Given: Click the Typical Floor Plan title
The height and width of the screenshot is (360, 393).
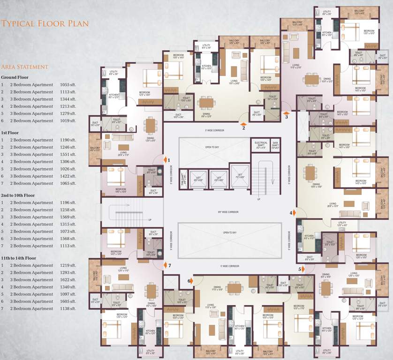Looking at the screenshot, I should coord(45,23).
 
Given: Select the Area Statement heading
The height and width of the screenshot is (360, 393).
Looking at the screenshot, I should coord(24,67).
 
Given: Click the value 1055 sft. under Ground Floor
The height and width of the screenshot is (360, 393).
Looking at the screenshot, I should coord(68,84).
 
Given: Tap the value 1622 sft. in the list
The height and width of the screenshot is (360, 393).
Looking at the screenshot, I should coord(68,280).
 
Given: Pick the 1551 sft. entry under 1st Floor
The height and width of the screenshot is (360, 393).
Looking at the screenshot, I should coord(68,154).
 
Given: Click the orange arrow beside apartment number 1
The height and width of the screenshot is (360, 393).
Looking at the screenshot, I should coord(165,160).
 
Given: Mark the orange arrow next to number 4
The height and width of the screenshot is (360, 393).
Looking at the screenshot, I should coord(294,212).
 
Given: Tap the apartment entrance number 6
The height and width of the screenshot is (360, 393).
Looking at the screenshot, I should coord(189,281).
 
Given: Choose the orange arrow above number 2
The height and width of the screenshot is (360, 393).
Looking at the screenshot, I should coord(243,124).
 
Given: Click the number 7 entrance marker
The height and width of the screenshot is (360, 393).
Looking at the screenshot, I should coord(170,265).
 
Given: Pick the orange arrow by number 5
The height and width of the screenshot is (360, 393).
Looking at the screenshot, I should coord(303,269).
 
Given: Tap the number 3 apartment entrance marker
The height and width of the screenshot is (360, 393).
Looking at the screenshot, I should coord(286,117).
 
